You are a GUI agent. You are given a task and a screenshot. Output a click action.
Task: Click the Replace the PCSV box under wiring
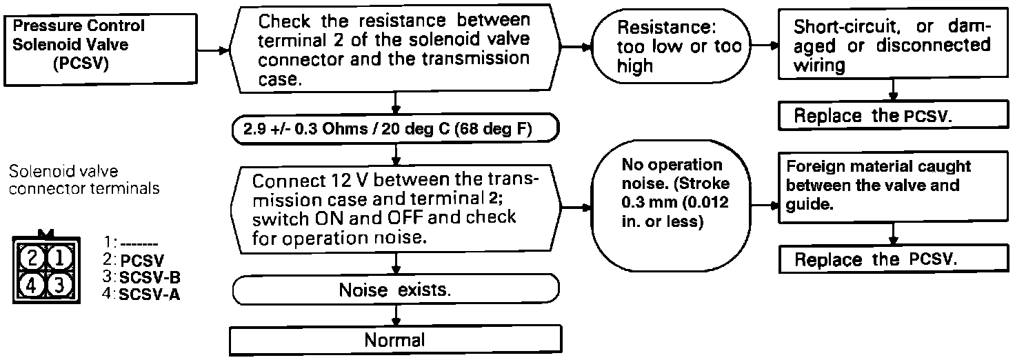[x=894, y=116]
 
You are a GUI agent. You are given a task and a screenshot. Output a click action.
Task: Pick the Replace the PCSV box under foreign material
[x=894, y=260]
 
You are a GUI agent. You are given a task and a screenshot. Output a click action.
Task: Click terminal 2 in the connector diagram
[x=30, y=259]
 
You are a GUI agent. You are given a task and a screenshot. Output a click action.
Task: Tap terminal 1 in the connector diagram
[x=60, y=259]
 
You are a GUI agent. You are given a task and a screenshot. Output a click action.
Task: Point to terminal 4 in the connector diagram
[x=30, y=284]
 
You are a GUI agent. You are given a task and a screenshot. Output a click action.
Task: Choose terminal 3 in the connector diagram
[x=60, y=284]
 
